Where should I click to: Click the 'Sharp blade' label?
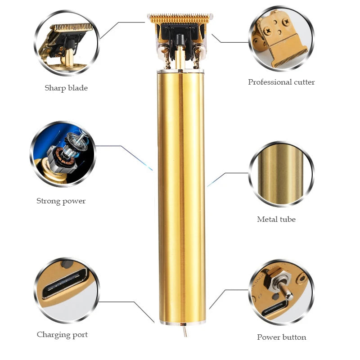coord(66,88)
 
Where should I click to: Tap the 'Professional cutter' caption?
coord(281,82)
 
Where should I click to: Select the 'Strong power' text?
coord(61,201)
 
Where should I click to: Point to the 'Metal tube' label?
coord(276,219)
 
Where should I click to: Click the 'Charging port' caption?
coord(62,334)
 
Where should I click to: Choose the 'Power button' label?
coord(282,337)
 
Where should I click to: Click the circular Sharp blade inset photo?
coord(67,43)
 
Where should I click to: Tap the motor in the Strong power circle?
coord(65,152)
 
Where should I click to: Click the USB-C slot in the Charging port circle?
coord(65,283)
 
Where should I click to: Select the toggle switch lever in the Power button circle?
coord(285,290)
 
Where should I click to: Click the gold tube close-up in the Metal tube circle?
coord(281,174)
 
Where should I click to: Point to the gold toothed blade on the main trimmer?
coord(180,18)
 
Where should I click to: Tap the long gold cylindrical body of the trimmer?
coord(181,197)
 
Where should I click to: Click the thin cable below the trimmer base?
coord(184,330)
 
